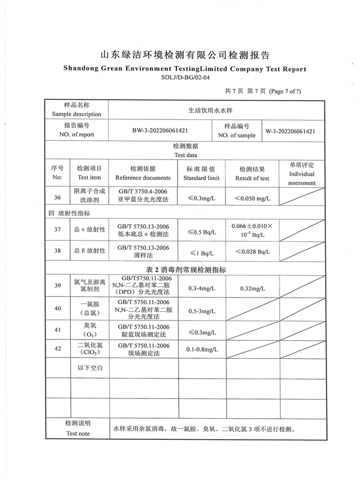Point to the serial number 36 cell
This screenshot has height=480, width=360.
[x=57, y=197]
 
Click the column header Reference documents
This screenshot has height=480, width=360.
[x=143, y=178]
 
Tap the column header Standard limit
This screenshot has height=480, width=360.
[x=202, y=178]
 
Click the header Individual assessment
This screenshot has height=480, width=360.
[x=302, y=178]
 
